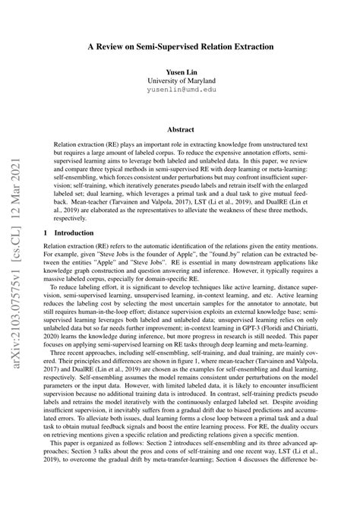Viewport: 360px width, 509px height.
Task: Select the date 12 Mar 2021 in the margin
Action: (15, 179)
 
